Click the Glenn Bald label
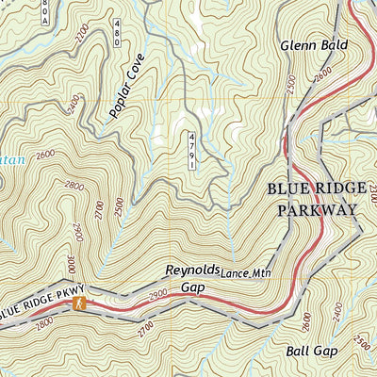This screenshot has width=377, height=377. [314, 44]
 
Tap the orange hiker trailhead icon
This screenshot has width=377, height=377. [81, 303]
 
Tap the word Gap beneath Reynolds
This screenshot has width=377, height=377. [192, 287]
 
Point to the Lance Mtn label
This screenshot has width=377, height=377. [244, 273]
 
